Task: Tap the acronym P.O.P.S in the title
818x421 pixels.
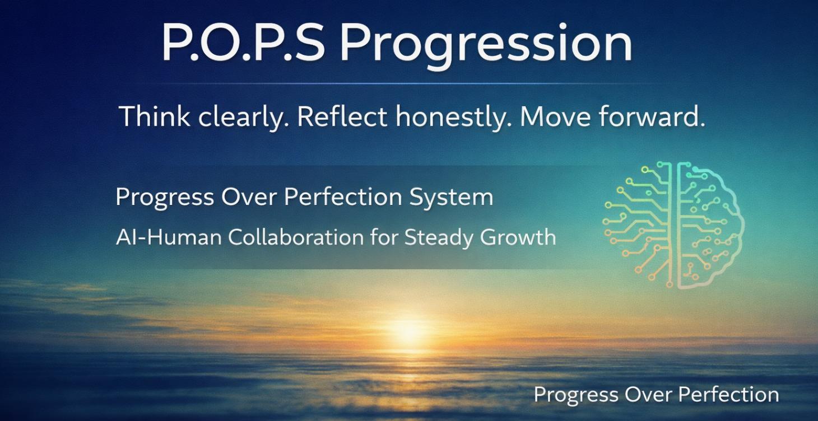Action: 243,44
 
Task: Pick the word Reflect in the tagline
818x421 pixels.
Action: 342,116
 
